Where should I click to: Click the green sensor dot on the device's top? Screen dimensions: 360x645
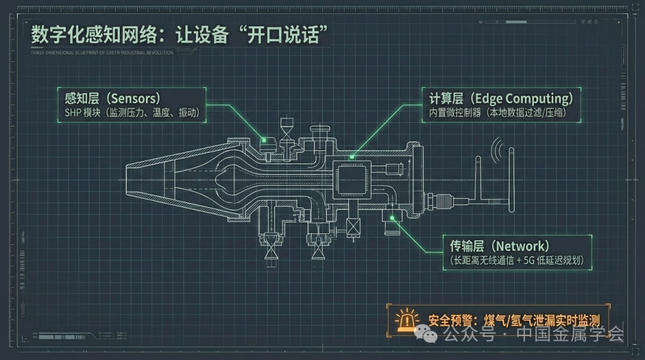(x=263, y=141)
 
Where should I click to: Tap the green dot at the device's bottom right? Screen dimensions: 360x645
(x=392, y=218)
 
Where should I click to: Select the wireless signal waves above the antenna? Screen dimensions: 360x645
(x=497, y=150)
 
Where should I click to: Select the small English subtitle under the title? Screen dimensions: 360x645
(x=102, y=53)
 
